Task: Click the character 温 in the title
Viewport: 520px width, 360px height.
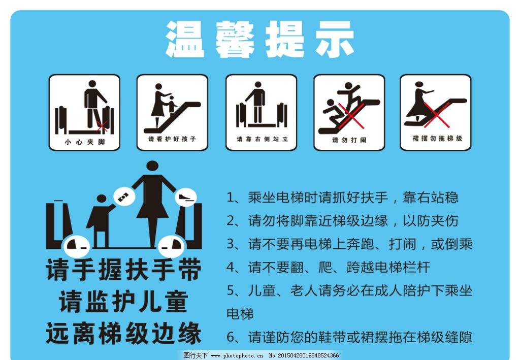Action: [184, 39]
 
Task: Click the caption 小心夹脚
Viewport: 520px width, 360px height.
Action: [85, 142]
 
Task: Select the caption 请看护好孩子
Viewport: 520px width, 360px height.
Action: [172, 139]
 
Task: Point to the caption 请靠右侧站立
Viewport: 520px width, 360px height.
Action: [262, 139]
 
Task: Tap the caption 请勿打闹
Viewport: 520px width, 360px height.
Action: [349, 140]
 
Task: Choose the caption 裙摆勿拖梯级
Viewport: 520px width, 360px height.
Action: [437, 138]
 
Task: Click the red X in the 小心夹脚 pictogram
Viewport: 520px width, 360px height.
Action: [102, 126]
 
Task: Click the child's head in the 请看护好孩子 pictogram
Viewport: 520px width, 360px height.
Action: [172, 98]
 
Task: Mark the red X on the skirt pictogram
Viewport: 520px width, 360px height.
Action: [436, 115]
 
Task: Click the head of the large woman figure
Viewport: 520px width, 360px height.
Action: [152, 167]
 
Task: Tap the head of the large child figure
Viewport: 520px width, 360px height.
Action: [102, 199]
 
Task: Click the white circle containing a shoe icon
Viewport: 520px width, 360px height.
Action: [186, 198]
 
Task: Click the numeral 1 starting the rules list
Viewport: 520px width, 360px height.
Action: [231, 198]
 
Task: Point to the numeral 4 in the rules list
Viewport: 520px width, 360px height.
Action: [231, 267]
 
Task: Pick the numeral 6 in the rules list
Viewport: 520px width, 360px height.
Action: [231, 337]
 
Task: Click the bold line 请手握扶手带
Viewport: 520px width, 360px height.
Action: [123, 270]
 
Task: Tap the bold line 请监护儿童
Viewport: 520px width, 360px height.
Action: [123, 302]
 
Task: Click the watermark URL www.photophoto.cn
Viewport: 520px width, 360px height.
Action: [237, 356]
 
